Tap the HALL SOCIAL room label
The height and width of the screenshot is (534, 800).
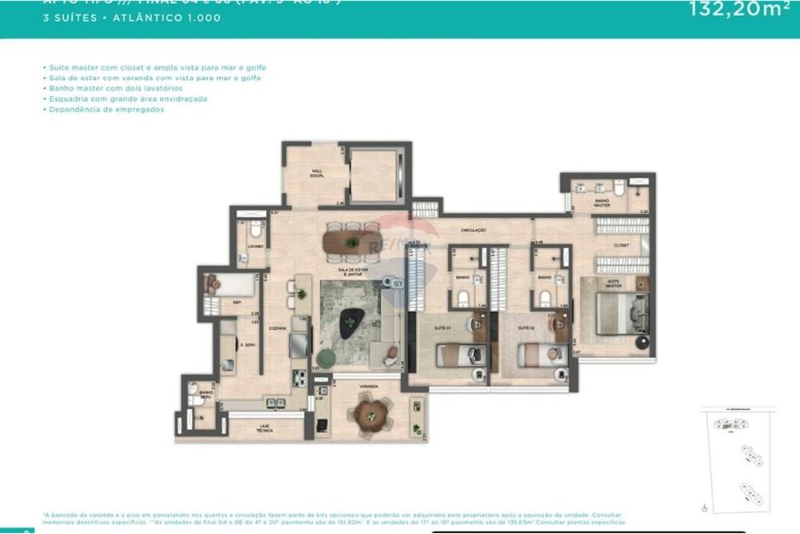coord(317,174)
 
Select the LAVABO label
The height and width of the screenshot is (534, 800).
coord(255,245)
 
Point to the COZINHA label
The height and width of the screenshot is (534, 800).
coord(278,328)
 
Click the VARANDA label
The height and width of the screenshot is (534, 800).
coord(368,387)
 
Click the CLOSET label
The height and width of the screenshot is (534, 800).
coord(621,245)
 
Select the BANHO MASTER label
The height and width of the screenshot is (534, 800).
coord(602,203)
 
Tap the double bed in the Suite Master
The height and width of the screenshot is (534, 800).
coord(620,314)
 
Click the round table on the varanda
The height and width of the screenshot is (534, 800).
coord(370,414)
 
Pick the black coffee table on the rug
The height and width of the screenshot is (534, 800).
coord(350,324)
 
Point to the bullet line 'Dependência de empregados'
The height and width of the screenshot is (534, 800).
coord(106,110)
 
